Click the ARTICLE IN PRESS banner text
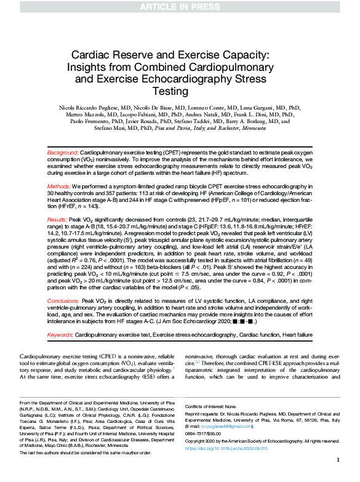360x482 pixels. click(179, 7)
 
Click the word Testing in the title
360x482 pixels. click(180, 91)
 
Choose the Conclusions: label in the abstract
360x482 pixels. click(63, 301)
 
